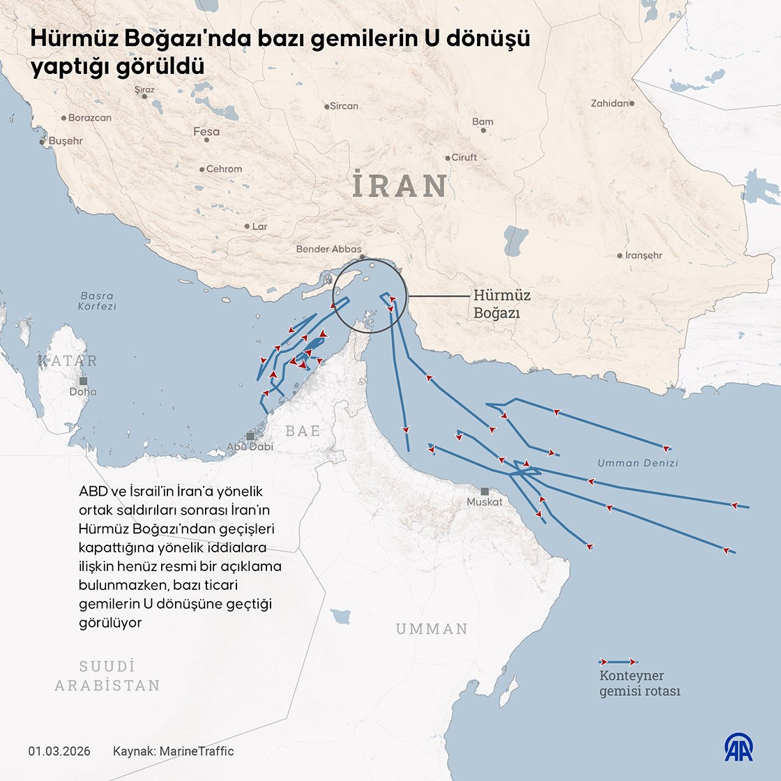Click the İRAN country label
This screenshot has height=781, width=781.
click(x=400, y=185)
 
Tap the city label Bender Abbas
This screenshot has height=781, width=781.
click(x=328, y=249)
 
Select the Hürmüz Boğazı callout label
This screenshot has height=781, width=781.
click(x=501, y=304)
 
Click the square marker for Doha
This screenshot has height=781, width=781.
click(x=84, y=381)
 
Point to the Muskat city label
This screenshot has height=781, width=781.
click(x=485, y=501)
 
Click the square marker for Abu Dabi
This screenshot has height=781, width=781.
click(x=250, y=437)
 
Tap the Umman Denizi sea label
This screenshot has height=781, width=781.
click(x=637, y=462)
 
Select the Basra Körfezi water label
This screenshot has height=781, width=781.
click(x=97, y=301)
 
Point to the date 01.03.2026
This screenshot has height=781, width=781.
click(x=59, y=751)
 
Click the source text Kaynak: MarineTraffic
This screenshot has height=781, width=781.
click(x=173, y=751)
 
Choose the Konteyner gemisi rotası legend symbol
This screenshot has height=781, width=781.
click(x=619, y=661)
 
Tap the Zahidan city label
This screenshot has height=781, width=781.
click(x=609, y=103)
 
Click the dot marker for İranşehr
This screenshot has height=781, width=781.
click(x=620, y=256)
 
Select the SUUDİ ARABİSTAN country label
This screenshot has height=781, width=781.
click(x=107, y=676)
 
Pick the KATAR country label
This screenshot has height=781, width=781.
click(x=68, y=361)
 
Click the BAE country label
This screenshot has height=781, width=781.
click(x=303, y=431)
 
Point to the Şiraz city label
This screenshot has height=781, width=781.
click(x=144, y=90)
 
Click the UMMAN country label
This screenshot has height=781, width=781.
click(x=432, y=629)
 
